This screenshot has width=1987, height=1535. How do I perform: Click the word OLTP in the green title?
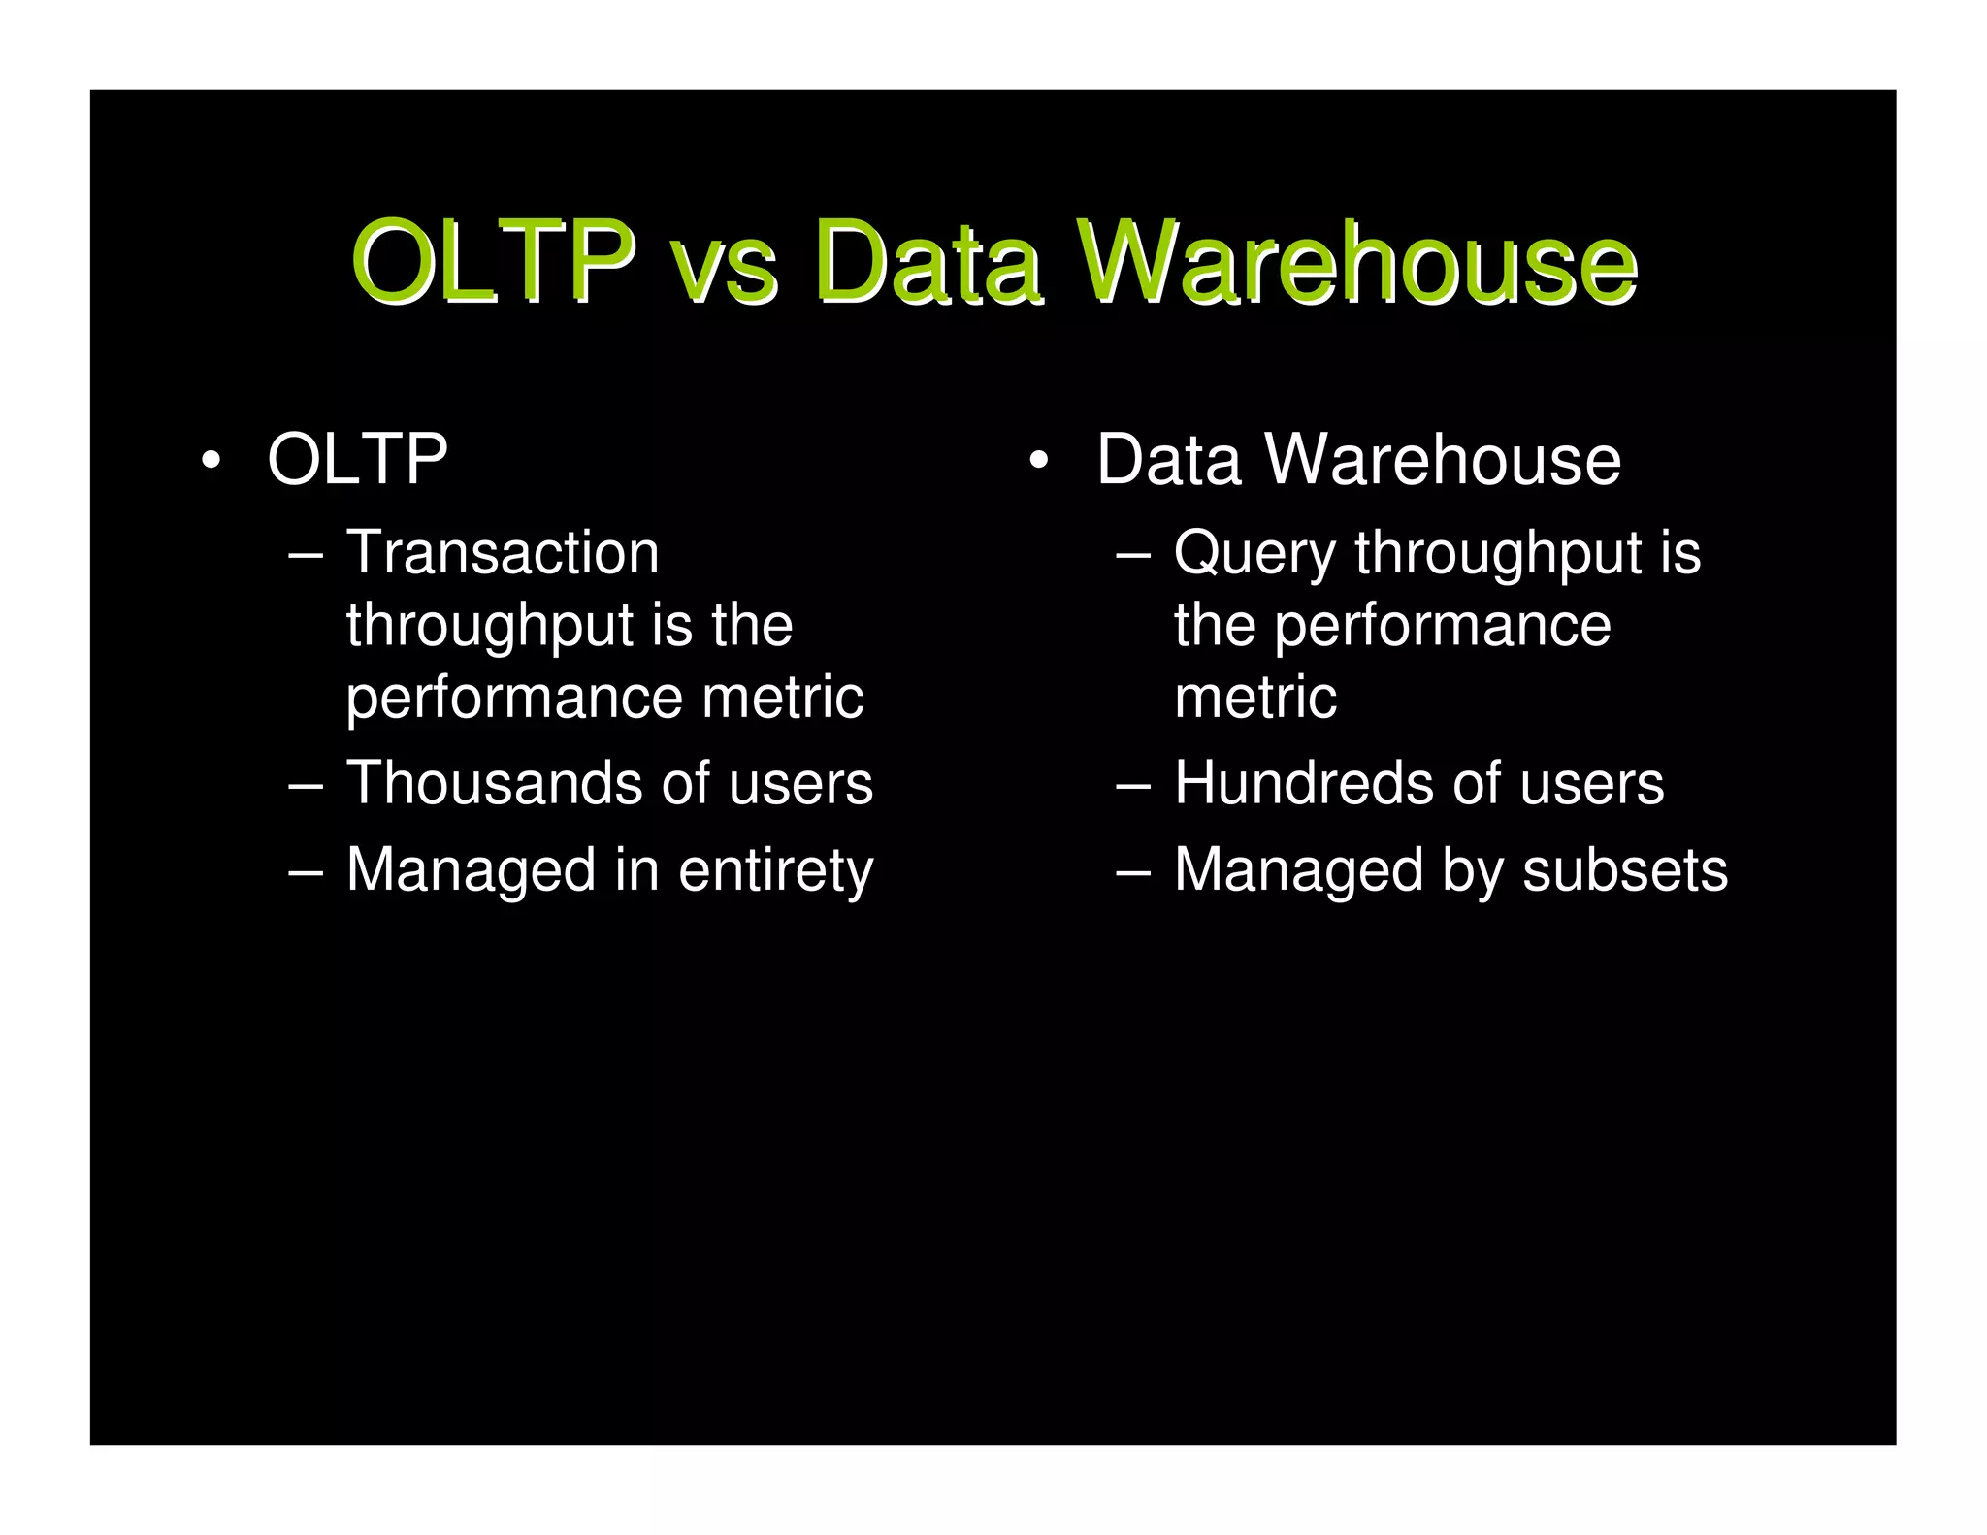[x=493, y=261]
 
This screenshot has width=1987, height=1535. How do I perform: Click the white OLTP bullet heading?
[x=357, y=459]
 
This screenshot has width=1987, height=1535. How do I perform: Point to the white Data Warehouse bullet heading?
[x=1358, y=459]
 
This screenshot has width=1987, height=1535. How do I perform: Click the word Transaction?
[x=503, y=553]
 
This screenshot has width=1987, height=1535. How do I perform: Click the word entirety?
[x=775, y=870]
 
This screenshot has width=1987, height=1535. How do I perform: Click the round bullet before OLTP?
[x=211, y=461]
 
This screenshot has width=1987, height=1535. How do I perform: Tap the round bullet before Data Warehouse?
[x=1039, y=461]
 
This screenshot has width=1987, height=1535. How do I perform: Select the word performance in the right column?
[x=1442, y=626]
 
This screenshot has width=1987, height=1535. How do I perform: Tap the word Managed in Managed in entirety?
[x=471, y=870]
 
